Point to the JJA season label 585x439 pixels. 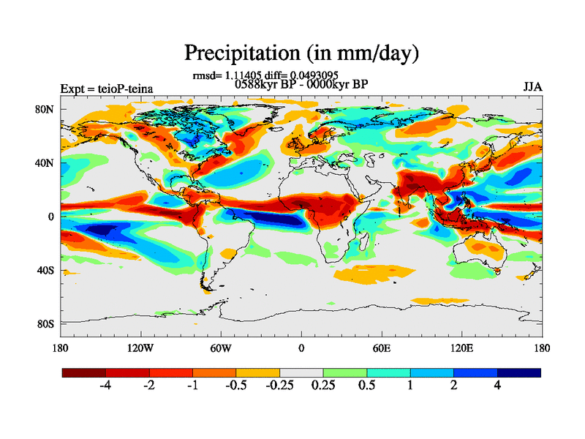click(x=532, y=86)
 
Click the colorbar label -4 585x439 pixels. click(x=106, y=386)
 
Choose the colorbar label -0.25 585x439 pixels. click(x=278, y=386)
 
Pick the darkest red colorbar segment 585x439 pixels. click(x=84, y=372)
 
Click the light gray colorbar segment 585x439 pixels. click(x=301, y=372)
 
